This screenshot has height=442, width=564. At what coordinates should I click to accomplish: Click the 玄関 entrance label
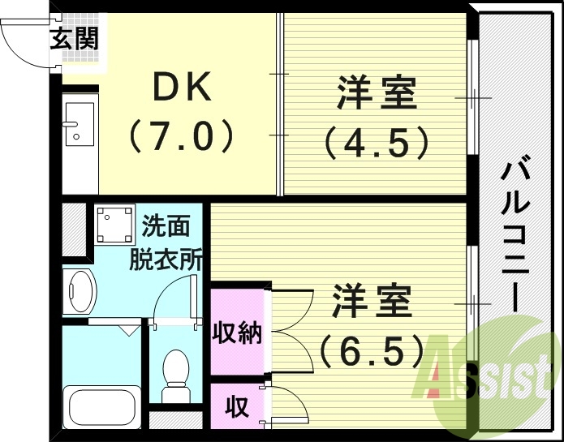[x=74, y=38]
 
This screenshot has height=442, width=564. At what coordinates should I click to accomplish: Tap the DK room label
[x=182, y=86]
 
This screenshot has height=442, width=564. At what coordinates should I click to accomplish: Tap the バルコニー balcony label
[x=510, y=235]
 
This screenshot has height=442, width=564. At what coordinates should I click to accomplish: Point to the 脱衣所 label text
[x=167, y=260]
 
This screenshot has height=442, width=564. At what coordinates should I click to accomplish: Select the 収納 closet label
[x=238, y=332]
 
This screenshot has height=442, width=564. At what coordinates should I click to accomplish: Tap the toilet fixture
[x=174, y=375]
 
